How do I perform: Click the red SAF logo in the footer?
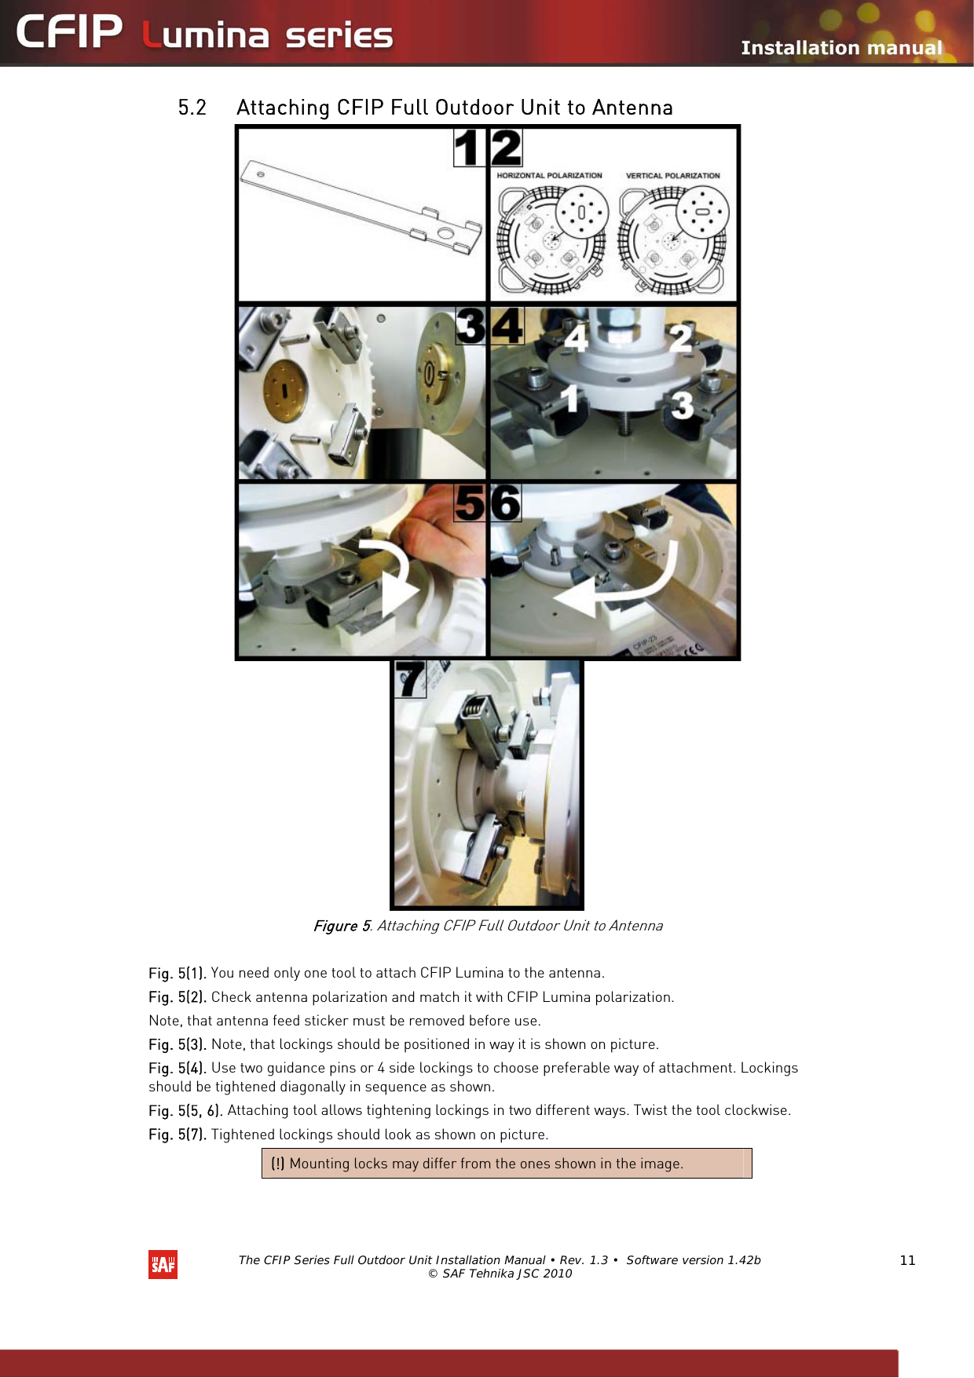pos(163,1264)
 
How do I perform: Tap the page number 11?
pos(907,1260)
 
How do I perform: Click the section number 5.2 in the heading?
pos(192,108)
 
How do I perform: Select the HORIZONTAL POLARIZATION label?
pos(549,176)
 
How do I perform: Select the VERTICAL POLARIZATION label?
pos(672,176)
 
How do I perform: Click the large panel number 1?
pos(470,148)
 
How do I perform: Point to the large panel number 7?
pos(410,679)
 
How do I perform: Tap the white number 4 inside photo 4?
pos(576,338)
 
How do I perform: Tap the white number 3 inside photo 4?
pos(682,405)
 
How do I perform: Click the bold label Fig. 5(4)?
pos(178,1068)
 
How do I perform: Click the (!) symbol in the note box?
pos(277,1164)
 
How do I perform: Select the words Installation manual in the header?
pos(840,48)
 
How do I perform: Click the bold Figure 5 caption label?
pos(341,926)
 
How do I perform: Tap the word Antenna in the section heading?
pos(632,108)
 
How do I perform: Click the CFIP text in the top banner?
pos(69,33)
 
